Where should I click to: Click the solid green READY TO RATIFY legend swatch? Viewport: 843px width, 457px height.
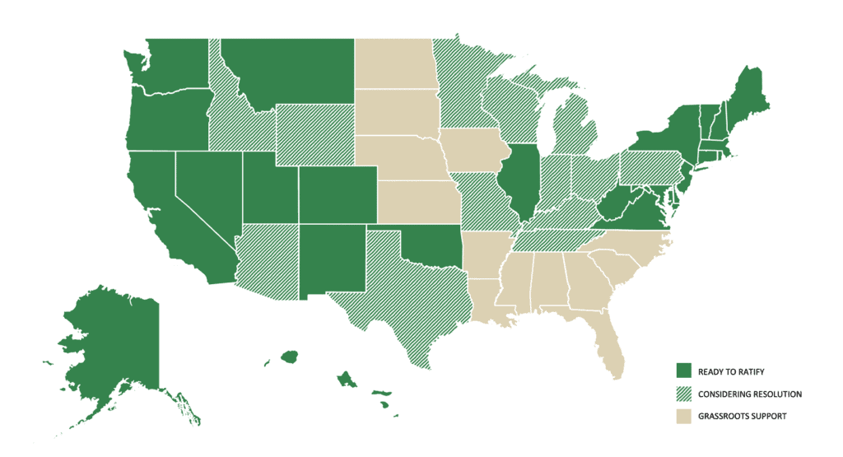click(x=683, y=371)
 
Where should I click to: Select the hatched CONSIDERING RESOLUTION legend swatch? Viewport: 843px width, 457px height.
click(x=683, y=394)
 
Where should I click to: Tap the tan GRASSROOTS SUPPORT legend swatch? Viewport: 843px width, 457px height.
click(x=683, y=417)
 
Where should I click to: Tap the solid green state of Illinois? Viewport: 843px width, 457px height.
click(x=519, y=177)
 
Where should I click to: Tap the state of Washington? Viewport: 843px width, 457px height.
click(x=169, y=66)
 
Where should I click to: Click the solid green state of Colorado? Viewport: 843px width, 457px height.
click(x=337, y=194)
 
